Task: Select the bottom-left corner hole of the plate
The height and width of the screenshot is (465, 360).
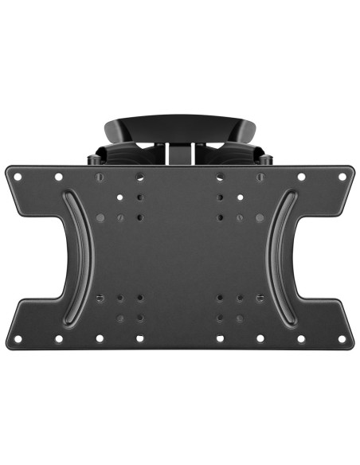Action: click(x=17, y=338)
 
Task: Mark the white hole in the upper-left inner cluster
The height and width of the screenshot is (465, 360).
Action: click(x=119, y=196)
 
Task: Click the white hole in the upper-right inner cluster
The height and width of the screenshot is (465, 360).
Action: click(x=240, y=196)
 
